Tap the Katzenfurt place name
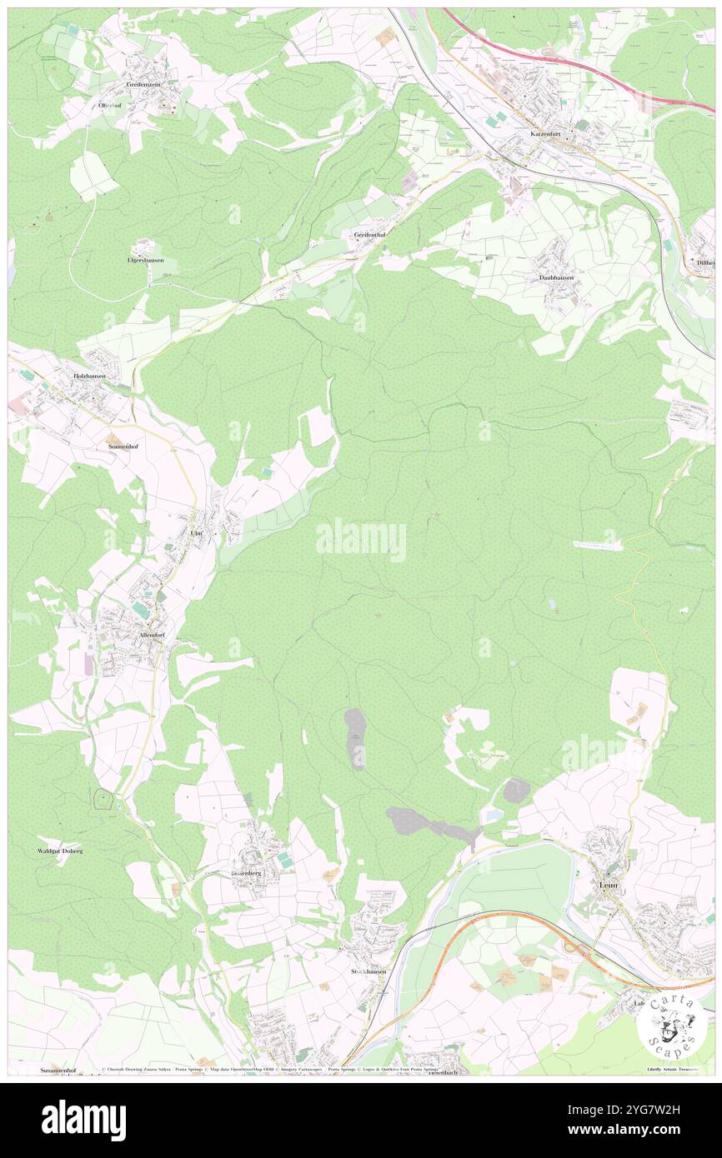coord(548,133)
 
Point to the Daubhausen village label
coord(556,277)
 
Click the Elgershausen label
coord(145,260)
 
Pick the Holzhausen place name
coord(89,376)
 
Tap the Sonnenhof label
coord(123,447)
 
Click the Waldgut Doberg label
coord(60,851)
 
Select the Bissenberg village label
coord(246,872)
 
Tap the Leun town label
coord(608,884)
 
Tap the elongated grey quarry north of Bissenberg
coord(356,738)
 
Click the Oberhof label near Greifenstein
coord(111,105)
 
